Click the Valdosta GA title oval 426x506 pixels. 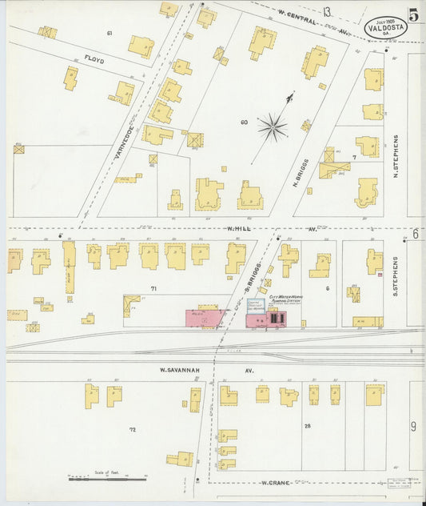[x=386, y=26]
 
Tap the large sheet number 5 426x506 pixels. [x=413, y=14]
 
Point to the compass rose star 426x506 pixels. [x=273, y=127]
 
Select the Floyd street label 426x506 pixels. [x=94, y=59]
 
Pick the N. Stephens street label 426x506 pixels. [x=395, y=157]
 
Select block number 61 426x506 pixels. [x=109, y=33]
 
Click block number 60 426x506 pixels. [x=244, y=122]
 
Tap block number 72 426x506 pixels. [x=133, y=430]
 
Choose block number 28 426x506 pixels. [x=307, y=426]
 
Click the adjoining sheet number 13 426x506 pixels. [x=327, y=11]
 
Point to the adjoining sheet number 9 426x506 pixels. [x=414, y=426]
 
